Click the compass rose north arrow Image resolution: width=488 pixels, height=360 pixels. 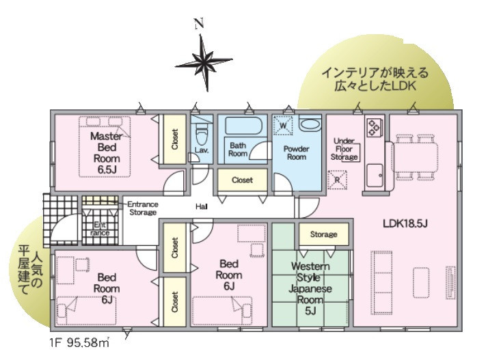[204, 62]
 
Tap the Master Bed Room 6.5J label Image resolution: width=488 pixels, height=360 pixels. [107, 153]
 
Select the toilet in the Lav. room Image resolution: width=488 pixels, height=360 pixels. [202, 135]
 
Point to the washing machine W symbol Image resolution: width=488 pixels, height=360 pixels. [283, 126]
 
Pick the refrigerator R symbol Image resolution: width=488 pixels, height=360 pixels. [338, 180]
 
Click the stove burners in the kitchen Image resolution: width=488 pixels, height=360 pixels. [375, 128]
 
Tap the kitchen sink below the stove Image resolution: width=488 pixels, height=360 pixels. [375, 176]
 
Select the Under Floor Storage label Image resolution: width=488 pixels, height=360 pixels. [344, 149]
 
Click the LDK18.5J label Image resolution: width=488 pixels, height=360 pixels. [405, 223]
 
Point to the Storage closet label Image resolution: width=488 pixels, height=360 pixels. [324, 234]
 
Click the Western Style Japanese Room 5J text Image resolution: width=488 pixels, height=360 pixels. [310, 288]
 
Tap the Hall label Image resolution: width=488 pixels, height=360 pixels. [202, 206]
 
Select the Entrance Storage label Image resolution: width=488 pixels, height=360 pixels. [143, 208]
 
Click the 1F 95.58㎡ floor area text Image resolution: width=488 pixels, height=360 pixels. [79, 343]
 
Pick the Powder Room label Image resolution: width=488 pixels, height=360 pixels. [297, 153]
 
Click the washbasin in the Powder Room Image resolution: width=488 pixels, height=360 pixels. [310, 124]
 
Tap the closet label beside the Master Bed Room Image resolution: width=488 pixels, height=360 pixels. [175, 139]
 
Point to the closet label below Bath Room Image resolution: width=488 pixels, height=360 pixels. [242, 180]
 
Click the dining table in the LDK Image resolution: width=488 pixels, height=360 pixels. [416, 157]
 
